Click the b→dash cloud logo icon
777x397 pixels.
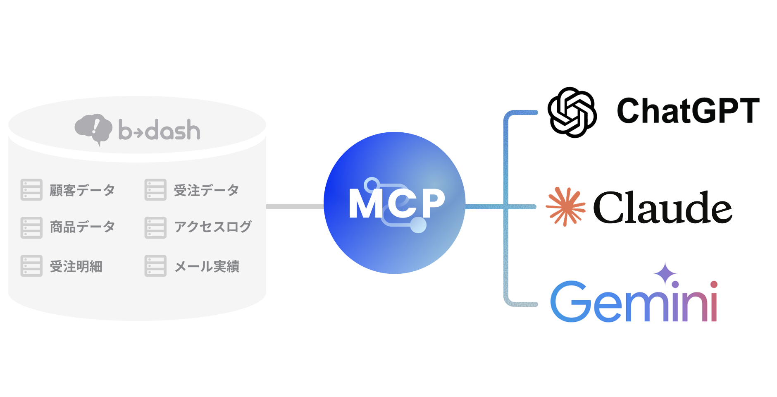tap(93, 129)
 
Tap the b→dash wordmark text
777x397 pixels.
tap(160, 130)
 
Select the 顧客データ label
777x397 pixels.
tap(82, 190)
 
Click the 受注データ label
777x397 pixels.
tap(206, 190)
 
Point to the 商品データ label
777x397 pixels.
tap(82, 227)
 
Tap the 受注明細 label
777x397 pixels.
tap(76, 266)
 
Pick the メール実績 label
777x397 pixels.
tap(207, 266)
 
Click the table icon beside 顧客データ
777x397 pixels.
tap(31, 190)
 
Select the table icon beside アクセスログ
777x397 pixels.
tap(155, 227)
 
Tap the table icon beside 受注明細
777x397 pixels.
tap(31, 265)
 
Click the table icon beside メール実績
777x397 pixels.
tap(155, 265)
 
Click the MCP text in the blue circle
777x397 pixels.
tap(396, 203)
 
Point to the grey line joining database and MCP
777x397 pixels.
tap(295, 206)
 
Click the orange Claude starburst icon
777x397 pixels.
tap(565, 206)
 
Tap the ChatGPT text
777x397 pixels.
tap(688, 110)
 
